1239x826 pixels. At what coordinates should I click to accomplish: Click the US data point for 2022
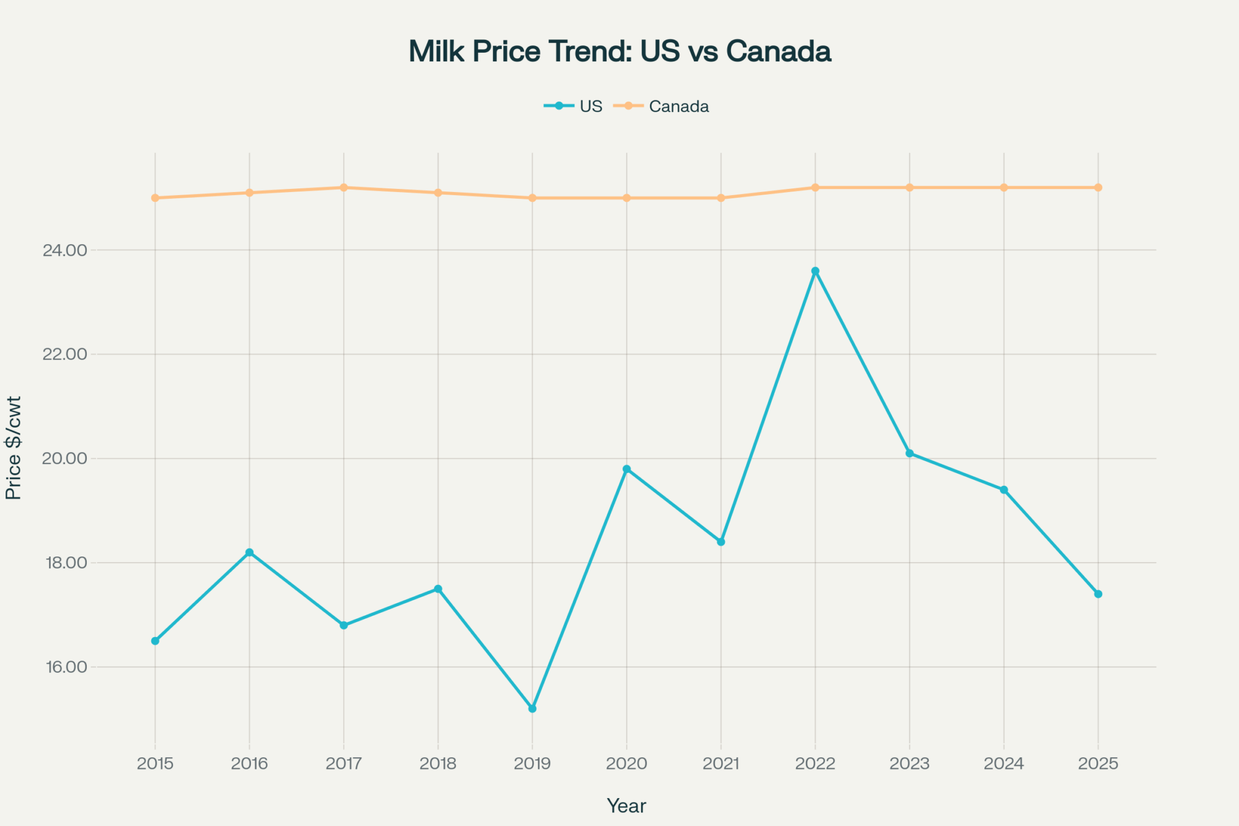[x=815, y=271]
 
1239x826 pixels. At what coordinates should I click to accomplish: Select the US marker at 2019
[x=532, y=708]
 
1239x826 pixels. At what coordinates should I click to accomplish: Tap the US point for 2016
[x=249, y=552]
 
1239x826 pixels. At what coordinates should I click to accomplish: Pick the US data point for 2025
[x=1098, y=594]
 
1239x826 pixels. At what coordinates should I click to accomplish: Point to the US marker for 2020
[x=626, y=469]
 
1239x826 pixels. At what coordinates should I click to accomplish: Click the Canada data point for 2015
[x=155, y=198]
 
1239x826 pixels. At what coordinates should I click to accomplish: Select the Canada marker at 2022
[x=815, y=187]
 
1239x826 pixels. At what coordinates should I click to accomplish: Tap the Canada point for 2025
[x=1098, y=187]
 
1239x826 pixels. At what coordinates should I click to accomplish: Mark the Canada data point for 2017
[x=344, y=187]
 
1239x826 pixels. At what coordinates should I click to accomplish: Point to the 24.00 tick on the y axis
[x=64, y=250]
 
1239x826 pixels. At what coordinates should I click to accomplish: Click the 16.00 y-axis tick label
[x=65, y=667]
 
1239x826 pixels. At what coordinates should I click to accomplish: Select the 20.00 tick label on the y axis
[x=64, y=459]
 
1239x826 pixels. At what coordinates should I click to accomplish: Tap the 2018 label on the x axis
[x=438, y=763]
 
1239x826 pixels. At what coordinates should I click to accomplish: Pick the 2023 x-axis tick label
[x=909, y=763]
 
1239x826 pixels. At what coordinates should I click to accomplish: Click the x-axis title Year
[x=626, y=806]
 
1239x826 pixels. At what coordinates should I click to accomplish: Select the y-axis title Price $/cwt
[x=14, y=447]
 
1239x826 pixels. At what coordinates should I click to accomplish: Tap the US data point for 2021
[x=720, y=542]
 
